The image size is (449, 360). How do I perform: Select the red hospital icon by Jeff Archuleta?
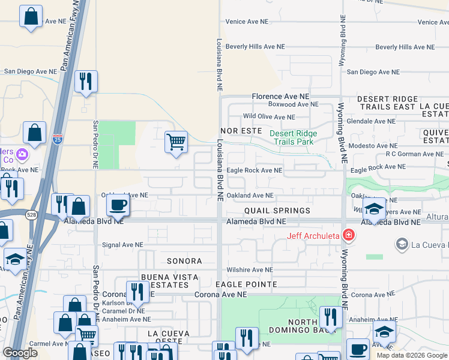tap(348, 235)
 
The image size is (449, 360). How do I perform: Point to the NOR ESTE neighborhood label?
tap(241, 130)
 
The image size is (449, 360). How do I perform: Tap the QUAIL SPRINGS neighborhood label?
tap(277, 211)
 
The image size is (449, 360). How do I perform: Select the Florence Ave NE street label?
tap(280, 96)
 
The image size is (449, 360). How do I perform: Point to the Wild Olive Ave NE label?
tap(269, 117)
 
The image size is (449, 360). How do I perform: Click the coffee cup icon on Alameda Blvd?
tap(118, 205)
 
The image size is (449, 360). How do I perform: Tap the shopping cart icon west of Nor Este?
tap(176, 142)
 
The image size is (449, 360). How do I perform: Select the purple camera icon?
tap(22, 155)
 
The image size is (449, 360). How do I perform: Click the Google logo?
tap(20, 353)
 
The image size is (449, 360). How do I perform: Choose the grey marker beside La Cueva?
tap(402, 244)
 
